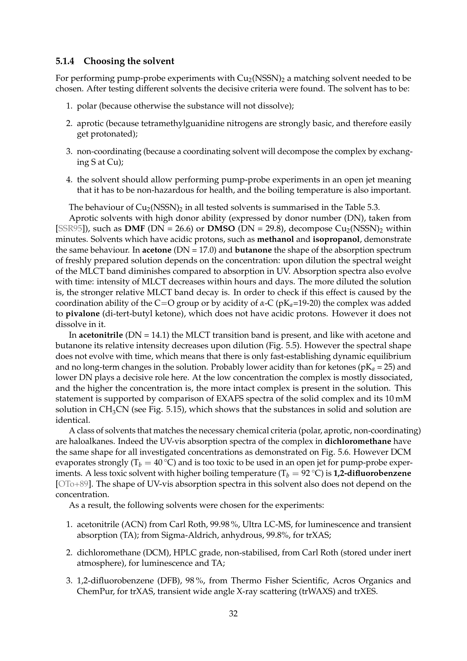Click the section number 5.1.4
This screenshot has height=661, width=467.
(x=65, y=61)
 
